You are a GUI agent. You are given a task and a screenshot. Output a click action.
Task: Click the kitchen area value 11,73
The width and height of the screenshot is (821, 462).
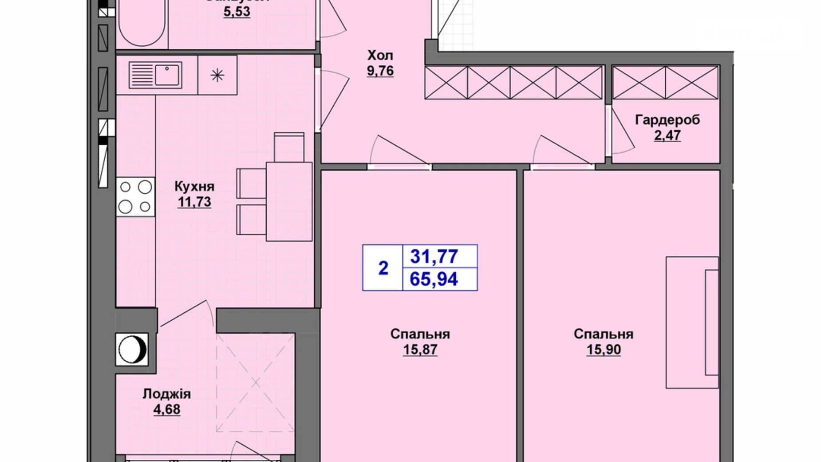[x=194, y=202]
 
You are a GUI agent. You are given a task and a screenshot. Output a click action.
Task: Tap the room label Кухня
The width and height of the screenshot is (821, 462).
[x=194, y=186]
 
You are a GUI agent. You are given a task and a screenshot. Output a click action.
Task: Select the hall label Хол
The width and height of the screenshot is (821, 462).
[x=380, y=56]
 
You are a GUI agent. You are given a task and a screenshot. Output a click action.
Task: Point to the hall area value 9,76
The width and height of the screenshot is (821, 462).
[x=380, y=71]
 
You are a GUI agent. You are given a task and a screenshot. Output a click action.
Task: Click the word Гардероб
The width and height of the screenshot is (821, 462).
[x=667, y=119]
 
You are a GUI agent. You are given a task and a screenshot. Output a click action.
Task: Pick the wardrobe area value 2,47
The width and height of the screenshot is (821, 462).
[x=667, y=135]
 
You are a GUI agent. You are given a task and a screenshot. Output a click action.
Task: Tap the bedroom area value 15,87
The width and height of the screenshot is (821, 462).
[x=420, y=350]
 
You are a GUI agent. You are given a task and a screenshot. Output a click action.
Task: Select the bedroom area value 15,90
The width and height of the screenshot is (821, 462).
[x=604, y=350]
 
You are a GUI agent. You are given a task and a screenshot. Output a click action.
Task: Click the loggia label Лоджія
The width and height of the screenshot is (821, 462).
[x=167, y=394]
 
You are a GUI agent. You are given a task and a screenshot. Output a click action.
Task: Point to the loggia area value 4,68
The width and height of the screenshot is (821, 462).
[x=167, y=409]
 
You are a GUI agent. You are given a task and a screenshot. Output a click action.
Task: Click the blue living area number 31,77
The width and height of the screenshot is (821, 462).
[x=434, y=256]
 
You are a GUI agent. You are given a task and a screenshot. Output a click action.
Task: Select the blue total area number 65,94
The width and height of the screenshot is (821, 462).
[x=434, y=279]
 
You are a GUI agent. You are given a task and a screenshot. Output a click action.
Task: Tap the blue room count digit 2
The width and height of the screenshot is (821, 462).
[x=383, y=268]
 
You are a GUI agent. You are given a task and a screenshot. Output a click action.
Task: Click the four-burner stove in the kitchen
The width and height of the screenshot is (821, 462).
[x=135, y=197]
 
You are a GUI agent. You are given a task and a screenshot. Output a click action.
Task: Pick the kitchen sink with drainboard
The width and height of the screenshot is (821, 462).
[x=155, y=75]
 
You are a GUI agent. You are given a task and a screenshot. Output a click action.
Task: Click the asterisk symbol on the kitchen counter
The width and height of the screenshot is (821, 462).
[x=217, y=75]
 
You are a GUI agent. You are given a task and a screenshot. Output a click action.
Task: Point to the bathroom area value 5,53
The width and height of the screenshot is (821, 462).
[x=237, y=12]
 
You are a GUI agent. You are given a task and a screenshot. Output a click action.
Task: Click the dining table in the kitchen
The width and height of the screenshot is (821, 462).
[x=289, y=201]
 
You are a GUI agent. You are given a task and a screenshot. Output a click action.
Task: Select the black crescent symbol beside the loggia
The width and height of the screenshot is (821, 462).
[x=132, y=349]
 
